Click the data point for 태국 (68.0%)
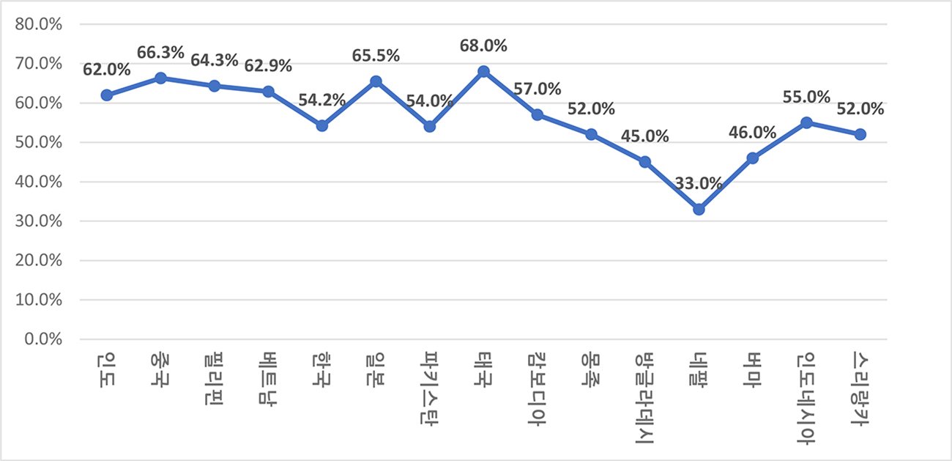(x=483, y=72)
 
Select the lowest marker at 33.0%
(x=699, y=210)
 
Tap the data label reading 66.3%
(x=160, y=54)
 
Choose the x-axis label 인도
(x=107, y=367)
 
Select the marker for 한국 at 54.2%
(x=322, y=125)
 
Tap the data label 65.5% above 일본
(x=376, y=56)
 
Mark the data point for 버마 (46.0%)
(x=753, y=158)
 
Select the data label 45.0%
(x=645, y=136)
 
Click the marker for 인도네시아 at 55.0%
(x=806, y=122)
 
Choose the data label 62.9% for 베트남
(x=268, y=66)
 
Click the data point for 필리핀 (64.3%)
(x=215, y=86)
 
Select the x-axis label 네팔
(x=699, y=367)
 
